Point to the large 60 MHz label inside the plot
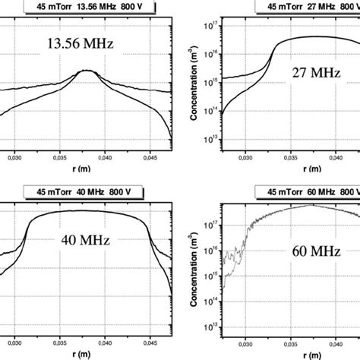pos(305,270)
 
